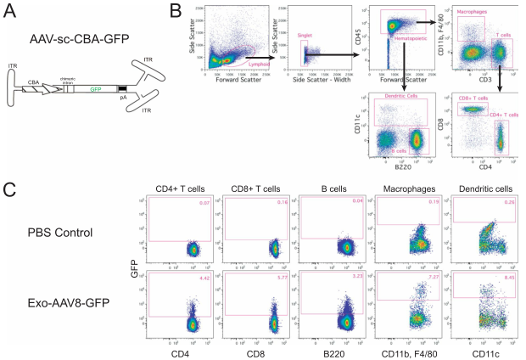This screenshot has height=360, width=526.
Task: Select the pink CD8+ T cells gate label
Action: (x=477, y=100)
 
